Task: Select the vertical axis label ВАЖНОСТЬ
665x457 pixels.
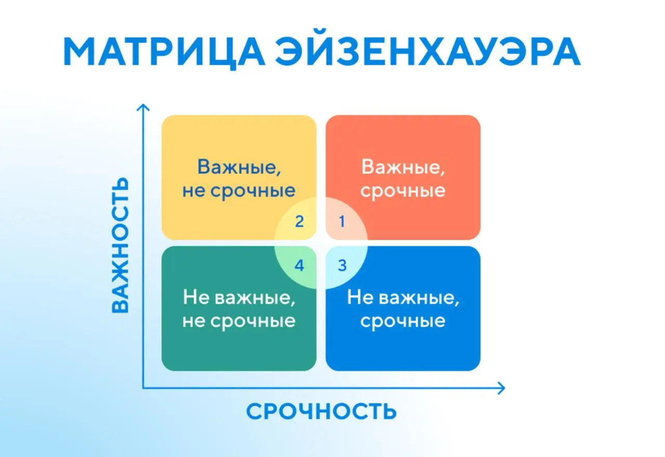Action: pos(120,245)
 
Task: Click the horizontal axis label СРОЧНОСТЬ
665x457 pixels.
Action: pos(321,411)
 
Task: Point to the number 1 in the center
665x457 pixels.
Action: pos(342,222)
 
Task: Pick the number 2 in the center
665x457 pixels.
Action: pos(299,222)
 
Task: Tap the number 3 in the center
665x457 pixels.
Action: pos(342,266)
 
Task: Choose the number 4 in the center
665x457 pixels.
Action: pos(299,266)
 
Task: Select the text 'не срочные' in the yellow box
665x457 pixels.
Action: pos(238,190)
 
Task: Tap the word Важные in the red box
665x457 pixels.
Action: pos(403,167)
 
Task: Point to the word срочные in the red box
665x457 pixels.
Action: pos(403,190)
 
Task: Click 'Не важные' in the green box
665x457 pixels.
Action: pos(238,298)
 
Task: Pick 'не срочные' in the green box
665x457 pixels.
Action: pos(238,321)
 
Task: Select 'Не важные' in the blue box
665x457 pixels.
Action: pos(403,298)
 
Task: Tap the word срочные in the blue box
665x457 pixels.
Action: pos(403,321)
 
